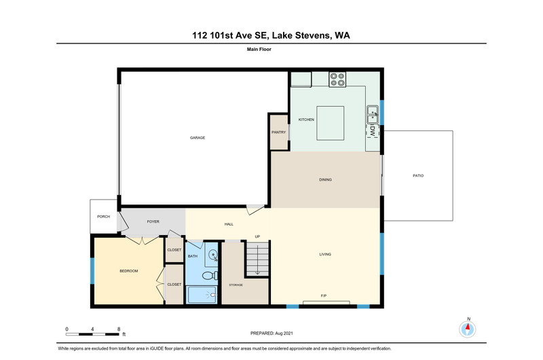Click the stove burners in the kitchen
point(337,79)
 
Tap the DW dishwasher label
point(373,130)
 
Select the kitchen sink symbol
point(373,115)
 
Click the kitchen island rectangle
point(331,123)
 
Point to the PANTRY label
point(279,132)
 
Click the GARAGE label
point(198,138)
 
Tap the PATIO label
point(418,176)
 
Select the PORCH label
point(103,217)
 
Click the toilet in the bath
point(210,276)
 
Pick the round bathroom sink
point(212,255)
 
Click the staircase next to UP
point(257,259)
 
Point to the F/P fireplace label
point(324,296)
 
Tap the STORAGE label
point(236,285)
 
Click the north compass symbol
point(468,329)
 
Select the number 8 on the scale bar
point(119,329)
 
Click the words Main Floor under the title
point(259,49)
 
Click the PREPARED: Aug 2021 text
point(271,334)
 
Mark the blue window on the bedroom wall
point(92,270)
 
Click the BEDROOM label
point(129,271)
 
